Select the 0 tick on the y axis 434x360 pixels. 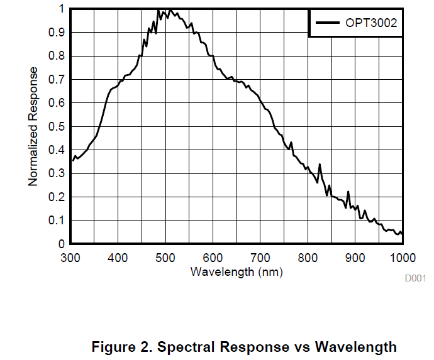[x=62, y=244]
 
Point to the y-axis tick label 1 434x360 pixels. [x=62, y=9]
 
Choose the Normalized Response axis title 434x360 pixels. [x=33, y=126]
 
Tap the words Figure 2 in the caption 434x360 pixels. [x=121, y=347]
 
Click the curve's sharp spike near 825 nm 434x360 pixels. [x=320, y=165]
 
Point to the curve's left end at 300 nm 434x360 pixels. [x=72, y=160]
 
